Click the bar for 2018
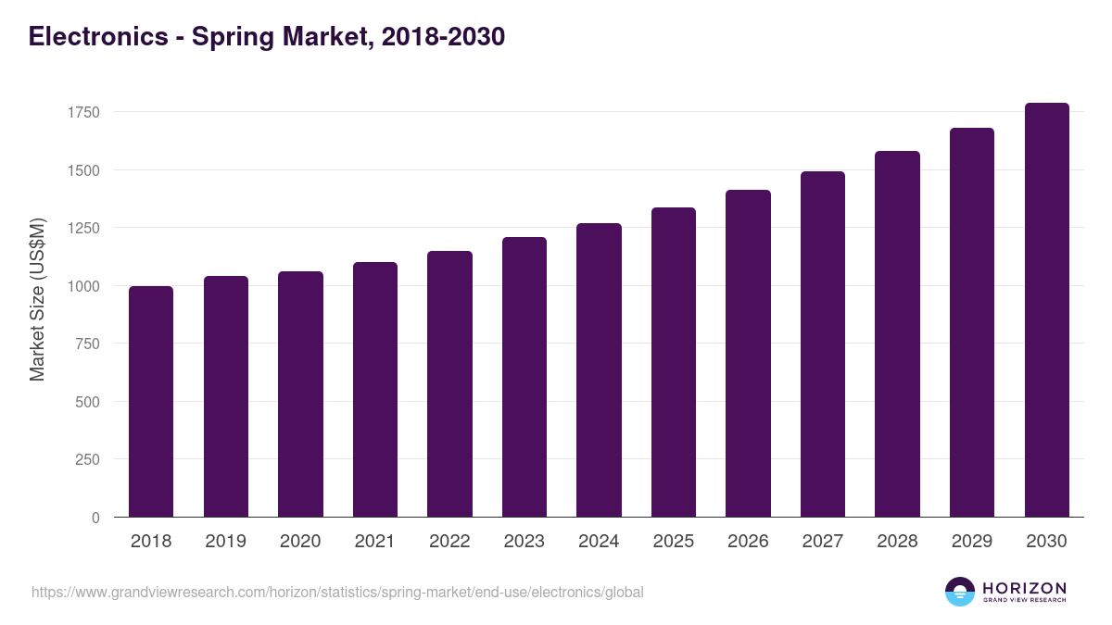point(151,402)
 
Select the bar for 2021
point(375,390)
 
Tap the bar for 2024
point(599,370)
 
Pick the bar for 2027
point(823,344)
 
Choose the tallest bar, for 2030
point(1046,310)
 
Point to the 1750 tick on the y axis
point(82,112)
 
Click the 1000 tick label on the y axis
point(82,286)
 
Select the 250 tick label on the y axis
point(86,459)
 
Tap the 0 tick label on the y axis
point(95,518)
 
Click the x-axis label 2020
point(300,542)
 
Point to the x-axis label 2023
point(524,542)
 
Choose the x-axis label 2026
point(748,542)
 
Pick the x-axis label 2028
point(897,542)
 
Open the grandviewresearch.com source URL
point(337,592)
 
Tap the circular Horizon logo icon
point(960,592)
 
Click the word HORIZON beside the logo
point(1024,587)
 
